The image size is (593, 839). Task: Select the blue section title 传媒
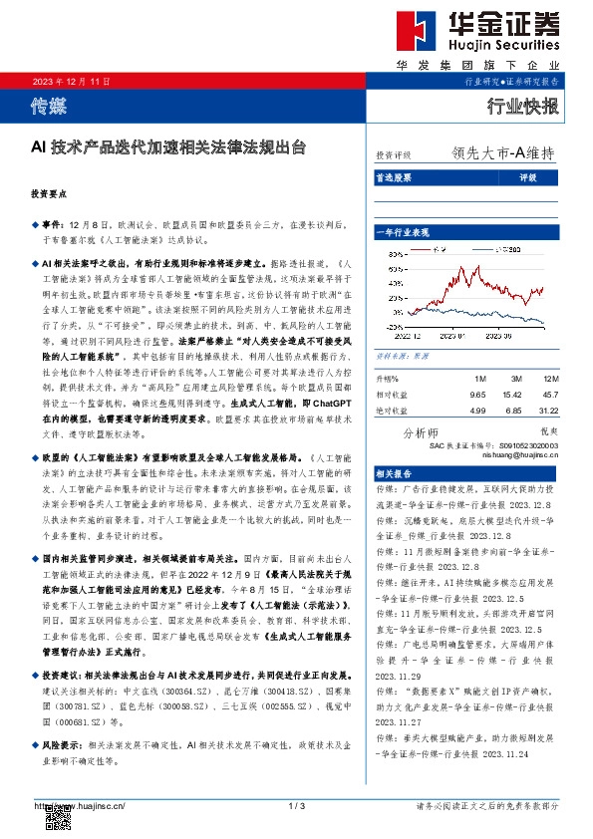click(x=51, y=103)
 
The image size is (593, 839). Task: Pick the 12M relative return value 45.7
click(x=549, y=394)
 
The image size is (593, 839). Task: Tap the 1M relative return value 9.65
click(x=477, y=394)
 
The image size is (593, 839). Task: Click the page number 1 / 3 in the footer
click(x=296, y=805)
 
